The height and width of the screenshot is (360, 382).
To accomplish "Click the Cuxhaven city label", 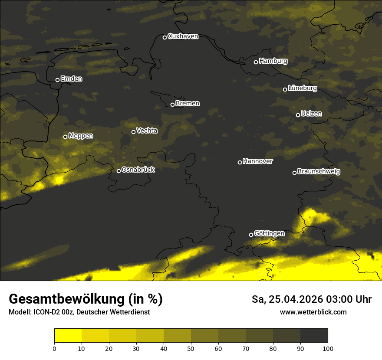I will (x=183, y=36).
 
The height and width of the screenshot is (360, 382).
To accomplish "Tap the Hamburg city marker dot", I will (x=256, y=62).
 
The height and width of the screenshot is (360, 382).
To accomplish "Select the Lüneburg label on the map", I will (x=303, y=88).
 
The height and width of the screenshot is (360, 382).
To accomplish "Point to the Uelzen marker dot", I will (x=298, y=115).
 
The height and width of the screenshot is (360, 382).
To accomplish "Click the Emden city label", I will (x=72, y=79).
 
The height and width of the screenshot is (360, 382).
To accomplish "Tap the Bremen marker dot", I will (x=172, y=105).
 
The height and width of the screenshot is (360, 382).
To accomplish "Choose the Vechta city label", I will (x=147, y=131).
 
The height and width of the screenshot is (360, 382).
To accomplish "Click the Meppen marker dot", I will (x=65, y=137).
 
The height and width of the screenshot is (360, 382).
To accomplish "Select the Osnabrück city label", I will (x=138, y=170).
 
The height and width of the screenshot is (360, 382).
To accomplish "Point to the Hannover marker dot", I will (x=240, y=162).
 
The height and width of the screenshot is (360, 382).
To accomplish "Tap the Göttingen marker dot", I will (x=251, y=235).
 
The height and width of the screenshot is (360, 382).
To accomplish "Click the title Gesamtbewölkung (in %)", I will (x=86, y=299).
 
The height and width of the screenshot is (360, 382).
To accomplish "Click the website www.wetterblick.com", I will (x=313, y=312).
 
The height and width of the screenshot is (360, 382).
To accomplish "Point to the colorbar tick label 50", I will (x=191, y=348).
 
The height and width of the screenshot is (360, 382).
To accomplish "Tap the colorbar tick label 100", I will (x=328, y=348).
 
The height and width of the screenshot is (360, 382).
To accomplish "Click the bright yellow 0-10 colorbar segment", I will (x=68, y=336).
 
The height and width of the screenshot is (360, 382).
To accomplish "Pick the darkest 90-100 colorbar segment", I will (x=314, y=336).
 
